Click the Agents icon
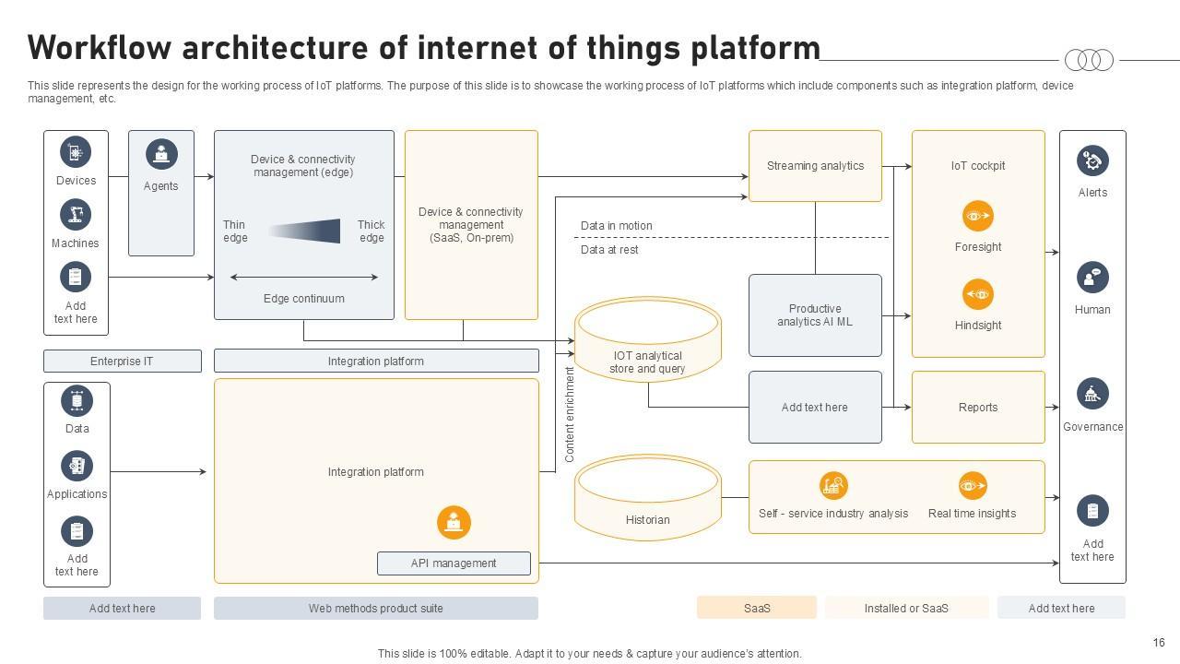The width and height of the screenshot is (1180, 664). pos(161,154)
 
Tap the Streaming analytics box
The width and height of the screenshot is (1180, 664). pos(815,166)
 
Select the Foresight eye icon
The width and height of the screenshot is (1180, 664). pos(977,216)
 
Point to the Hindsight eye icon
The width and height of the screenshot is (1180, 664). pos(977,294)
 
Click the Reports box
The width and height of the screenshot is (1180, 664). pos(977,407)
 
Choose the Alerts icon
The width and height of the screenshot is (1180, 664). pos(1092,160)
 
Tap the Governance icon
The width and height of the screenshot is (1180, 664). pos(1092,394)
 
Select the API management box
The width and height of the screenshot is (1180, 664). pos(454,563)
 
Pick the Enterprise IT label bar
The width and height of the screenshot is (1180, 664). pos(122,361)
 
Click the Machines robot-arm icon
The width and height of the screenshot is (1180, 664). pos(76,215)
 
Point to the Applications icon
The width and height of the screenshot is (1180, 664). pos(77,466)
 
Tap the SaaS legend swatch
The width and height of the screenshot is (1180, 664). pos(756,608)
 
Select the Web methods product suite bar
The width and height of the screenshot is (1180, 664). pos(375,608)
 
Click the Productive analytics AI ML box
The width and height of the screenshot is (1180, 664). pos(815,315)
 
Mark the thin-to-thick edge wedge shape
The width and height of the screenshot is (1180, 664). pos(305,231)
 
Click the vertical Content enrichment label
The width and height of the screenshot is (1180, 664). pos(570,415)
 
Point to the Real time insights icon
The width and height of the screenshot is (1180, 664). pos(972,485)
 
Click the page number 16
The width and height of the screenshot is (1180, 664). pos(1159,643)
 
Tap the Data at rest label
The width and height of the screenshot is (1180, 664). pos(609,250)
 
